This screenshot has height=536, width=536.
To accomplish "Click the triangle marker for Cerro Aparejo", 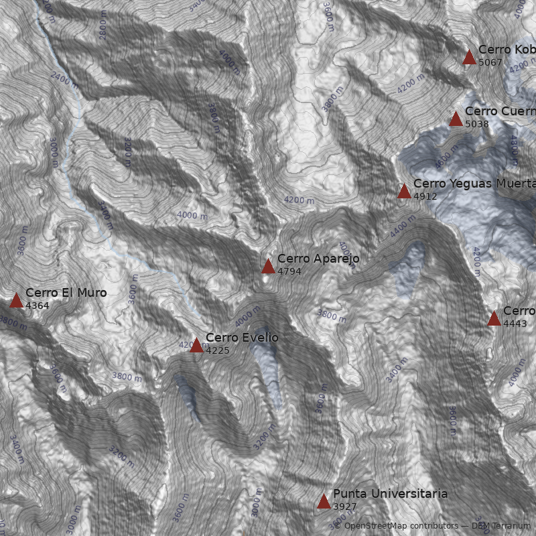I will click(x=268, y=267).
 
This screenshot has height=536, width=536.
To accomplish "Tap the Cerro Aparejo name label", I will click(x=318, y=259).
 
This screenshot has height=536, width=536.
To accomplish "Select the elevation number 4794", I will click(x=289, y=271).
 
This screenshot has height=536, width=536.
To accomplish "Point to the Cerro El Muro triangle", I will click(x=16, y=301).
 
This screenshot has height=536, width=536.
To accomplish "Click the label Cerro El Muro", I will click(x=66, y=293).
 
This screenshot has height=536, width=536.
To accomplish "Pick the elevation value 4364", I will click(x=38, y=306).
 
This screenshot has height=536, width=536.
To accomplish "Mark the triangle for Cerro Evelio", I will click(x=196, y=346).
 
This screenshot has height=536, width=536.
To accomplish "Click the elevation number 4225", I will click(x=218, y=350).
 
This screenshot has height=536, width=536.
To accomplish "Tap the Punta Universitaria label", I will click(x=390, y=494).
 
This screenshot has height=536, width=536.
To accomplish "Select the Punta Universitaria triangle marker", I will click(x=324, y=502).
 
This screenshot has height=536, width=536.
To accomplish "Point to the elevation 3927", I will click(x=345, y=507).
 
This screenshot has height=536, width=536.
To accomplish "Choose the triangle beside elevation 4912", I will click(x=404, y=192).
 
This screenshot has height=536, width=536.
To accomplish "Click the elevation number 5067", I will click(x=490, y=62).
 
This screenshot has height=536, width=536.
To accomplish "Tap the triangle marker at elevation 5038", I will click(x=456, y=119).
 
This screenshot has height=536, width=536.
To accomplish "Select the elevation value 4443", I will click(x=515, y=324).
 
